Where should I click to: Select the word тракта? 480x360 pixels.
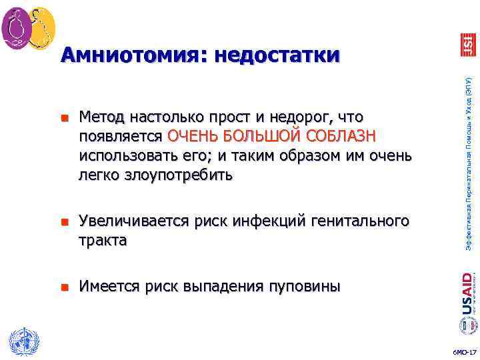click(103, 240)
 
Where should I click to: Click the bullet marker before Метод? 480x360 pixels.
click(65, 119)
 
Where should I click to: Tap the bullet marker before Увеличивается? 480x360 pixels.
click(65, 222)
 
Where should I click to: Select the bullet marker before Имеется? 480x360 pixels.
click(65, 287)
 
